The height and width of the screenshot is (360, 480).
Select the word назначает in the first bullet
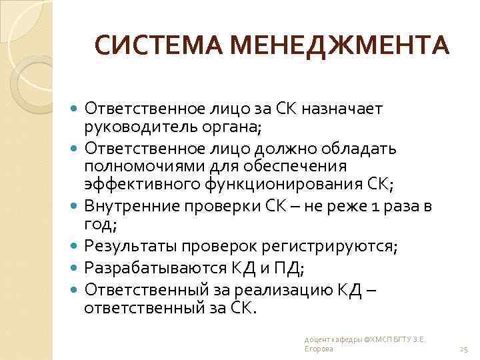[344, 108]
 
